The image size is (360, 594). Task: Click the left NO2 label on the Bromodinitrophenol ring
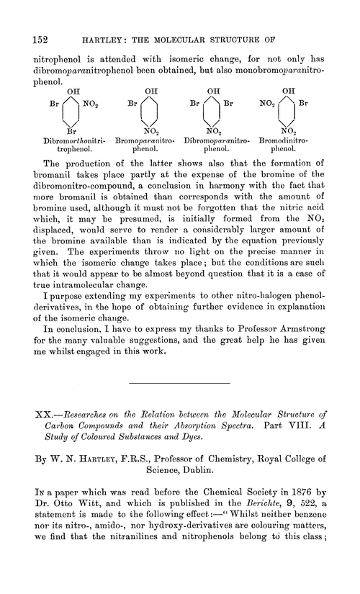pos(266,104)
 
